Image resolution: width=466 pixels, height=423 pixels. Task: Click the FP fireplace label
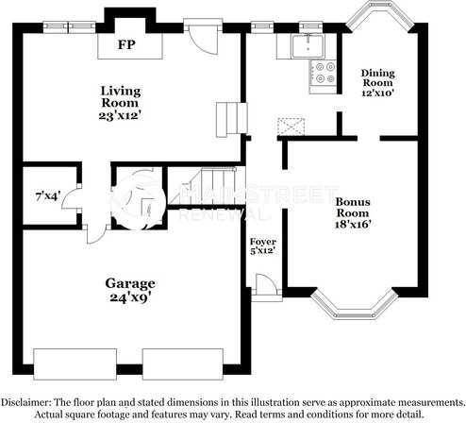[126, 44]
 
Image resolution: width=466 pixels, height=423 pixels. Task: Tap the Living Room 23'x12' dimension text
[120, 116]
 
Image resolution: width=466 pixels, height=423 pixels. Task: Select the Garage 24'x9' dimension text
[130, 297]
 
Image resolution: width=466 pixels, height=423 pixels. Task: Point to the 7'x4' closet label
[47, 196]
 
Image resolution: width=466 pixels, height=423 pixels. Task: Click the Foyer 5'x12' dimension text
[263, 251]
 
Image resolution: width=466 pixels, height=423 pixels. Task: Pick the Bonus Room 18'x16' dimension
[353, 224]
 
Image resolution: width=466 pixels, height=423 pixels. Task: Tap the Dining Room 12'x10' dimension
[377, 93]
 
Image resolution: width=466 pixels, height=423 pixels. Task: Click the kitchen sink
[308, 46]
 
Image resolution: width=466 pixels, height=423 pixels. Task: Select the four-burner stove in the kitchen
[323, 73]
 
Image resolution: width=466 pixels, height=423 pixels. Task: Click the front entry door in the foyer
[267, 285]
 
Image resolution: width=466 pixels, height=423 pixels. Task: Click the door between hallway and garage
[96, 235]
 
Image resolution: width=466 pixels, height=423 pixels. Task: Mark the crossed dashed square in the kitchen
[291, 127]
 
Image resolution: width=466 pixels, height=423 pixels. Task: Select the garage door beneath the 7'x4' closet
[75, 364]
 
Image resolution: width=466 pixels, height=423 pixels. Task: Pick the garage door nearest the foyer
[183, 364]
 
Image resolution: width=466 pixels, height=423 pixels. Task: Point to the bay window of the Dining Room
[380, 15]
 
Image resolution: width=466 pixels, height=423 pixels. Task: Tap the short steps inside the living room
[232, 119]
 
